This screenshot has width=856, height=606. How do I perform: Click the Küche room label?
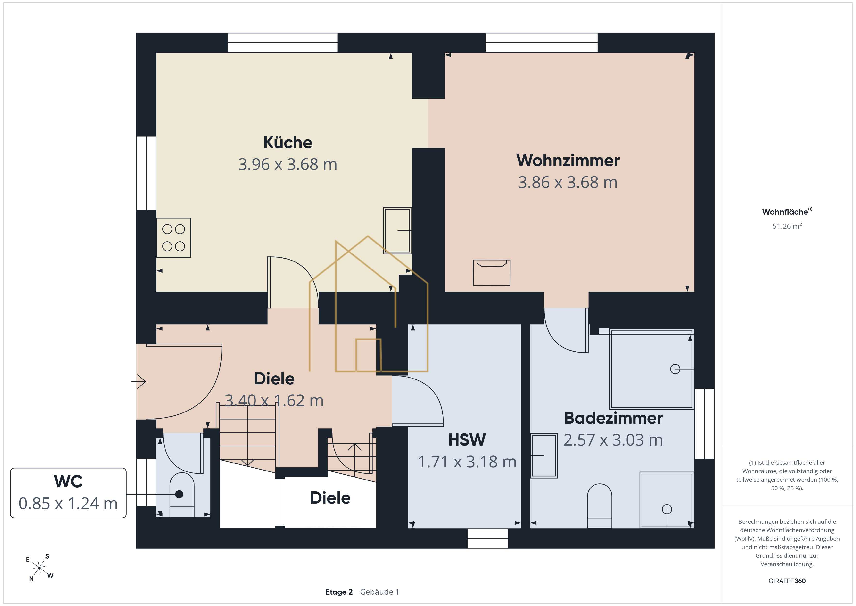tap(288, 142)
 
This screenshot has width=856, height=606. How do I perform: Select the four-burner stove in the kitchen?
tap(174, 238)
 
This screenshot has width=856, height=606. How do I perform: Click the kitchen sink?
tap(397, 231)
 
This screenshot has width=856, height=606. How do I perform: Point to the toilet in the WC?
tap(182, 495)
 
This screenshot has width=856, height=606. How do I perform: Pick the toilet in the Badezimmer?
tap(600, 506)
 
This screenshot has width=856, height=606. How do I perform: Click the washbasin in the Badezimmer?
tap(544, 456)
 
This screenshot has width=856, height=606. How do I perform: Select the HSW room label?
tap(467, 440)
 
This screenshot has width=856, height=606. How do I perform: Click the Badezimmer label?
tap(613, 418)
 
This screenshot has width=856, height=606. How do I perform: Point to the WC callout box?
tap(68, 493)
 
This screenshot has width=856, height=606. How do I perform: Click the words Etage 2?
tap(339, 592)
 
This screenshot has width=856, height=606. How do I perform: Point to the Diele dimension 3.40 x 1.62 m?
tap(274, 400)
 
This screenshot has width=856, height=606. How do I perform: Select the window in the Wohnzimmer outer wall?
tap(541, 42)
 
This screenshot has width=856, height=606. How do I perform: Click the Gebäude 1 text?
tap(379, 592)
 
